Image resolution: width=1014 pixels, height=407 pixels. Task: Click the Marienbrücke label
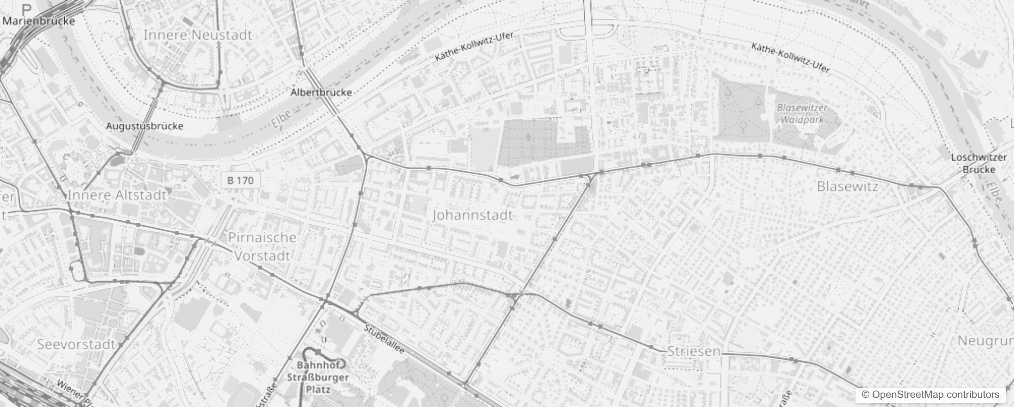tap(39, 21)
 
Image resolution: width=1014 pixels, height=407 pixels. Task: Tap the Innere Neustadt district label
tap(198, 35)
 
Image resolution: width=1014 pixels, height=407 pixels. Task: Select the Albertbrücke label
tap(321, 93)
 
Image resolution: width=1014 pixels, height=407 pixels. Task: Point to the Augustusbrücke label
tap(144, 126)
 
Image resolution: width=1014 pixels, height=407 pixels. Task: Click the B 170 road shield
tap(240, 180)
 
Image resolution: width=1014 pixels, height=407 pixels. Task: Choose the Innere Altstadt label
tap(117, 195)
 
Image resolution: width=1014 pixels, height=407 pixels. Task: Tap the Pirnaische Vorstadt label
tap(262, 247)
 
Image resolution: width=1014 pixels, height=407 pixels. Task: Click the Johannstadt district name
tap(472, 215)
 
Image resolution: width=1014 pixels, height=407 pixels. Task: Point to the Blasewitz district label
tap(847, 187)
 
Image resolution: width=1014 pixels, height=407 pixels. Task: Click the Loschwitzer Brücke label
tap(978, 163)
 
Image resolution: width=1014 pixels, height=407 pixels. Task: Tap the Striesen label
tap(693, 351)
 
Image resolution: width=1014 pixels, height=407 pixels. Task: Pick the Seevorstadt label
tap(76, 344)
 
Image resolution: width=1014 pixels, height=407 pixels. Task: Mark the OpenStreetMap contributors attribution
tap(930, 395)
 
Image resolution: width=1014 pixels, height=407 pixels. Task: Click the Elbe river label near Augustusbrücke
tap(281, 119)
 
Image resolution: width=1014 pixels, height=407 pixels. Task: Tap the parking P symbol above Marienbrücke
tap(26, 9)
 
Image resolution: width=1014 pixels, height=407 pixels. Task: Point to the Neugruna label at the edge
tap(985, 341)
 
